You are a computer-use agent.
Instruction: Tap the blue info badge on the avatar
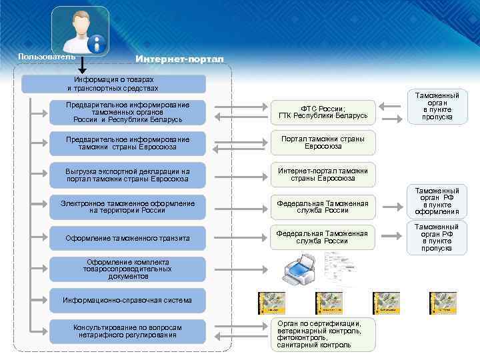pyautogui.click(x=98, y=45)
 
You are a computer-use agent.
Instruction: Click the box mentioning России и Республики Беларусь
pyautogui.click(x=128, y=113)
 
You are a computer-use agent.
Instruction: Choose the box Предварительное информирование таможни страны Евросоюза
pyautogui.click(x=128, y=143)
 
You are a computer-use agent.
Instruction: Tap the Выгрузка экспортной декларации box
pyautogui.click(x=128, y=175)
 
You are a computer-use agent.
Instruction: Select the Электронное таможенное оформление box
pyautogui.click(x=128, y=207)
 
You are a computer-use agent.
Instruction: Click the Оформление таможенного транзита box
pyautogui.click(x=128, y=238)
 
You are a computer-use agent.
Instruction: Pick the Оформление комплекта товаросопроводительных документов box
pyautogui.click(x=128, y=269)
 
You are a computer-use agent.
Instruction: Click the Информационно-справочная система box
pyautogui.click(x=128, y=300)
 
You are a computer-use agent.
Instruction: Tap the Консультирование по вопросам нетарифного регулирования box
pyautogui.click(x=128, y=331)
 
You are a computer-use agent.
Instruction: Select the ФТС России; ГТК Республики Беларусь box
pyautogui.click(x=323, y=113)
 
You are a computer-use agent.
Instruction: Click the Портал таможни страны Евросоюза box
pyautogui.click(x=323, y=143)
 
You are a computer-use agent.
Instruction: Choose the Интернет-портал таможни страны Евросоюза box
pyautogui.click(x=323, y=175)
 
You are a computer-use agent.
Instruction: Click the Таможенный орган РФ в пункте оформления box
pyautogui.click(x=437, y=201)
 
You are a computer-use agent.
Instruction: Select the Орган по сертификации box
pyautogui.click(x=323, y=334)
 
